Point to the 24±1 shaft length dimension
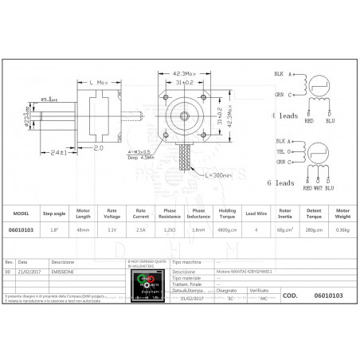point(57,153)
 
